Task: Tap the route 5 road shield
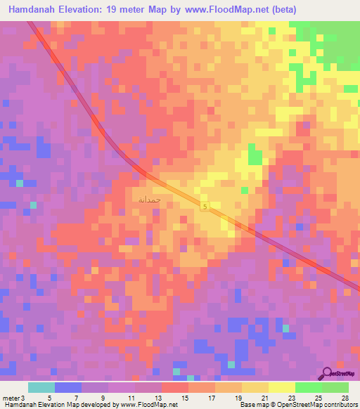205,206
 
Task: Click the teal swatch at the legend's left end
41,387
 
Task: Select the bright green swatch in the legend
309,387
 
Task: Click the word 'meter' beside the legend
10,398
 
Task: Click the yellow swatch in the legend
282,387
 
